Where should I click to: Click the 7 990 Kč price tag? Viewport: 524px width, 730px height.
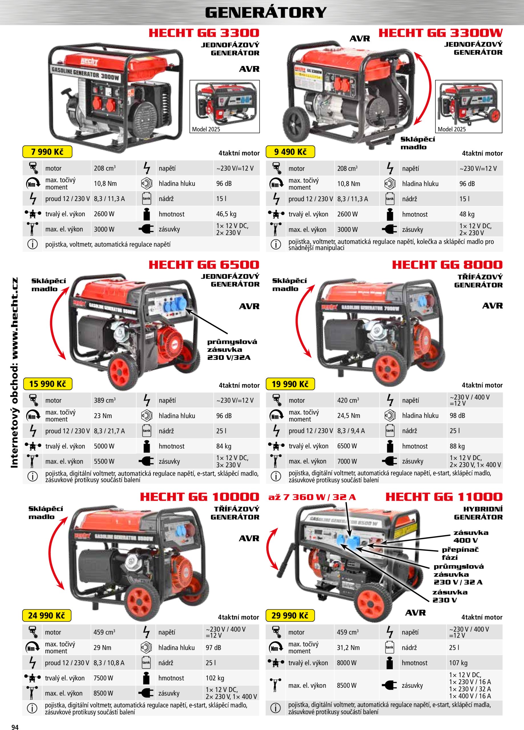tap(47, 152)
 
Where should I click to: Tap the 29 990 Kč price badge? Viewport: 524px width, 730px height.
tap(290, 615)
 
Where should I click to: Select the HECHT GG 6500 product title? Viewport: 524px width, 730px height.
tap(204, 265)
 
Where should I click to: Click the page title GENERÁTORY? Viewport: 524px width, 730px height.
tap(266, 13)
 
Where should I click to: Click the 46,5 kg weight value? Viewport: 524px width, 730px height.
tap(226, 214)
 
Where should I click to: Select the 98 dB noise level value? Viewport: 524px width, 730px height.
tap(457, 415)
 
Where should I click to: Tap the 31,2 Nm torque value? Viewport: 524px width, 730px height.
tap(348, 648)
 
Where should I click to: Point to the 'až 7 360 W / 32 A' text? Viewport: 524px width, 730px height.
tap(312, 497)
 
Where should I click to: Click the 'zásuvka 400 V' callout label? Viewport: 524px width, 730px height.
tap(471, 537)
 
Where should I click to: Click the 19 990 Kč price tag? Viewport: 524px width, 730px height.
tap(290, 384)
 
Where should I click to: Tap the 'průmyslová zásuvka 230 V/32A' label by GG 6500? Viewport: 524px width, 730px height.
tap(232, 350)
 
